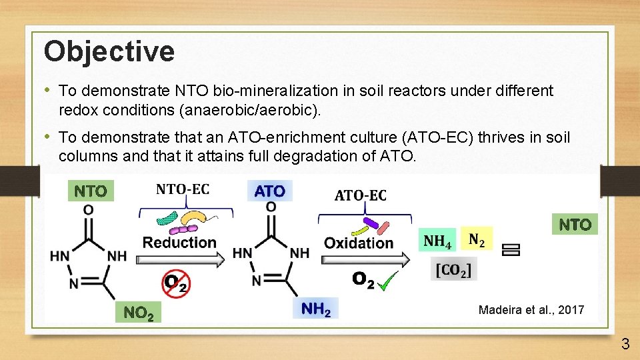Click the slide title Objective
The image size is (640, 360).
click(109, 51)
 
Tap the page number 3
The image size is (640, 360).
click(625, 344)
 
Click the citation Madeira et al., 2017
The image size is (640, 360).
click(531, 309)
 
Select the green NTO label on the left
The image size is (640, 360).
click(91, 191)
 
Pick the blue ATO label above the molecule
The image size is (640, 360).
click(269, 191)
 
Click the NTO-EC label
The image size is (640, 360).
click(182, 189)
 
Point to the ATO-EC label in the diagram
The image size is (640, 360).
click(360, 195)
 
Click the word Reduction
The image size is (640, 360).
click(179, 242)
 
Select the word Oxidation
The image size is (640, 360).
click(359, 243)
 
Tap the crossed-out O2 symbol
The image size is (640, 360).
click(175, 283)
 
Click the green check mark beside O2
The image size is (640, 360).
click(388, 282)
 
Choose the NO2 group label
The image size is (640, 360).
click(138, 312)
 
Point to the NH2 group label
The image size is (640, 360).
click(316, 309)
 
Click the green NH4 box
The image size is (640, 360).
click(437, 240)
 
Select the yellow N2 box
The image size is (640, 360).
click(477, 239)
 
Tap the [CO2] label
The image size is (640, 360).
click(453, 271)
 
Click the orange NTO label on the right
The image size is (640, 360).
click(575, 225)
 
